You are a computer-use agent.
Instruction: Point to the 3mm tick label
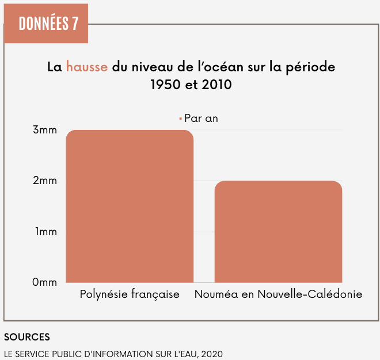click(44, 130)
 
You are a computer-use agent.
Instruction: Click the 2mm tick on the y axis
click(44, 181)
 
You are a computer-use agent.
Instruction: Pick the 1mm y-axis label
click(45, 232)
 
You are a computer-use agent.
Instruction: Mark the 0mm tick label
click(44, 282)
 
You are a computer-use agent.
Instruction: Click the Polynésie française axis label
click(130, 294)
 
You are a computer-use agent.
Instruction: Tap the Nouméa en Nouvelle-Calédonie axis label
click(278, 294)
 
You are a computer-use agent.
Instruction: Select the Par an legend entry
click(201, 118)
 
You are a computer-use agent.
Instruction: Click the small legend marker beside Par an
click(180, 118)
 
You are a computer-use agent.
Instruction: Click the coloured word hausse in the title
click(86, 67)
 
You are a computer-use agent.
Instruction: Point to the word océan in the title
click(222, 67)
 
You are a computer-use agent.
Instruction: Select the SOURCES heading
click(26, 336)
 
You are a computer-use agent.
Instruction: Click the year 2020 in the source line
click(211, 354)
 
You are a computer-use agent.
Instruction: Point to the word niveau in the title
click(152, 67)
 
